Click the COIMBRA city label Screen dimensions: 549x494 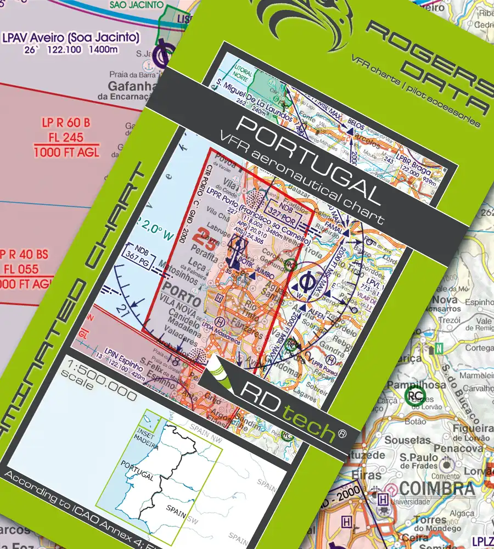click(x=437, y=488)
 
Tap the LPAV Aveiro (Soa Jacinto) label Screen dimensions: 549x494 click(x=71, y=38)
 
